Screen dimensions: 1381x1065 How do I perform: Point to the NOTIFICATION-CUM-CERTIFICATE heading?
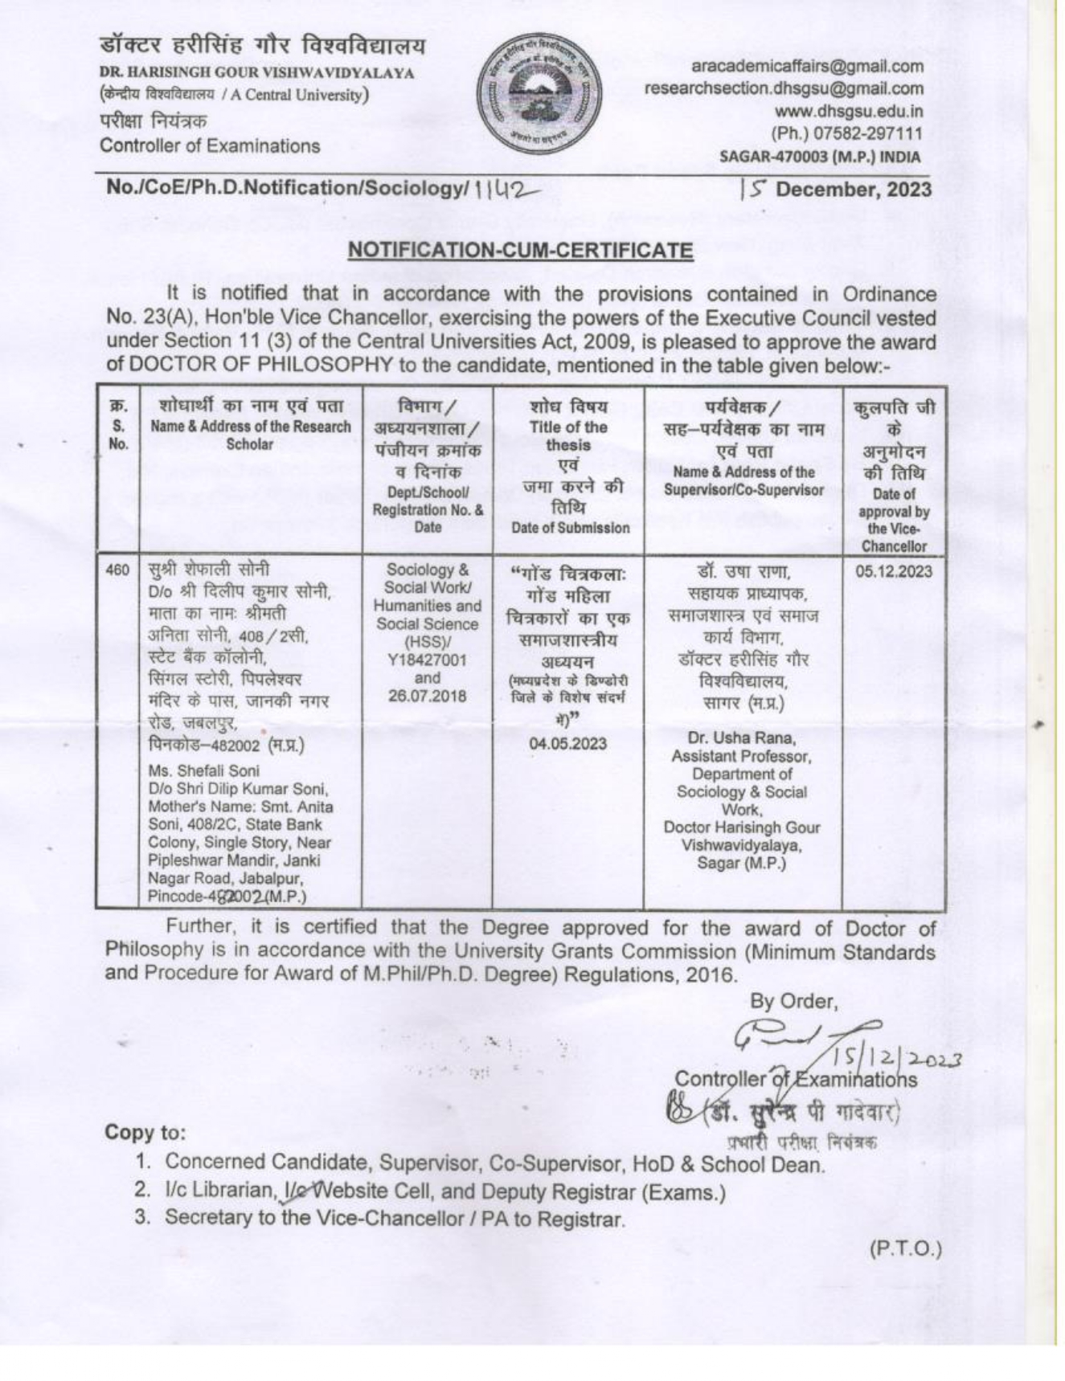point(520,250)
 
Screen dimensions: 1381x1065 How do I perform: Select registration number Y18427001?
point(427,660)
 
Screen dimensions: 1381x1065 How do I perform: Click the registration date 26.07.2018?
point(427,696)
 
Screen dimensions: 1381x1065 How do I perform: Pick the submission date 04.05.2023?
point(567,743)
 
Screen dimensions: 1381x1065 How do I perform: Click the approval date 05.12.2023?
point(893,571)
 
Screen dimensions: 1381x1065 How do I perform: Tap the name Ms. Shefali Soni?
point(204,771)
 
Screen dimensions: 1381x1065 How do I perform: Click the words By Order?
point(793,1001)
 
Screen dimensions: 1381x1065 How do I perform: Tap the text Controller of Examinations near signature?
point(796,1079)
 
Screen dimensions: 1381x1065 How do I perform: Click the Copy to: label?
point(145,1133)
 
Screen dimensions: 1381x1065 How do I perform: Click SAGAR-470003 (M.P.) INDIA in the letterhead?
point(820,157)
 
